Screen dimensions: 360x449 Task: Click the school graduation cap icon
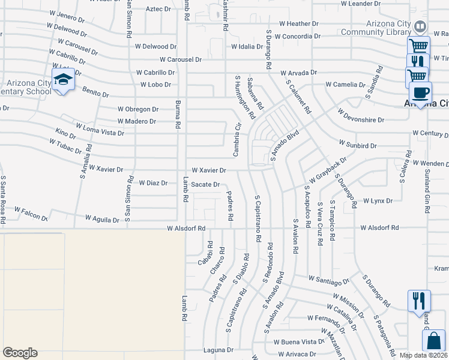click(x=62, y=80)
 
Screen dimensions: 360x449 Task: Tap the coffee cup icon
click(x=420, y=93)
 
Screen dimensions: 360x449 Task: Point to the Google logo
click(x=20, y=353)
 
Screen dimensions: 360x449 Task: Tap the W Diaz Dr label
click(x=153, y=182)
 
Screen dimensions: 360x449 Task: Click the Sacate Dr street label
click(x=205, y=184)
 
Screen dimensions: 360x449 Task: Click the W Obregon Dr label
click(x=138, y=109)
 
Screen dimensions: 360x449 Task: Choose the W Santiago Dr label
click(x=329, y=280)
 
